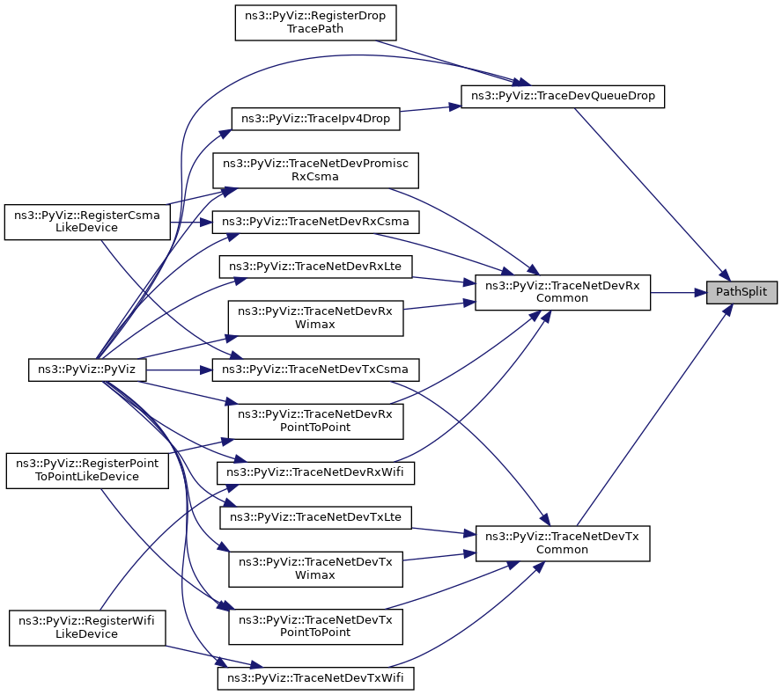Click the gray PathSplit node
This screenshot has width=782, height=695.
coord(741,292)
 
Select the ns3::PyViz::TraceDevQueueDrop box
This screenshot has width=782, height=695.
coord(563,96)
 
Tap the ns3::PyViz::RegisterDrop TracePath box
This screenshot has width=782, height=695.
coord(315,22)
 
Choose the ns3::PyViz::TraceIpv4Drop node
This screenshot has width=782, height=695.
coord(315,119)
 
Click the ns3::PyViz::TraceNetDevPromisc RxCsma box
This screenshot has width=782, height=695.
coord(315,171)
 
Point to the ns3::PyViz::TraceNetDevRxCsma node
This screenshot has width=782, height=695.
coord(315,222)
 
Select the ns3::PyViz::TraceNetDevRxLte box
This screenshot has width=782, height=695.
coord(315,267)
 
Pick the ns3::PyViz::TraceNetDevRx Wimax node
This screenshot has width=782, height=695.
coord(315,318)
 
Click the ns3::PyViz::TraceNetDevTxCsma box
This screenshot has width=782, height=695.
coord(315,369)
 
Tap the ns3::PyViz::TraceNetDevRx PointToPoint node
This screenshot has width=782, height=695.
coord(315,421)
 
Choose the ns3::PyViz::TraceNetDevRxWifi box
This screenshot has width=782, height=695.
coord(315,472)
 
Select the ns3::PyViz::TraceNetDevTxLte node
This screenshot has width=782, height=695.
coord(315,517)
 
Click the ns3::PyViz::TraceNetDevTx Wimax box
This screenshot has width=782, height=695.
coord(315,568)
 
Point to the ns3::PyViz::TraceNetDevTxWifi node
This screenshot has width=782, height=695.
coord(315,678)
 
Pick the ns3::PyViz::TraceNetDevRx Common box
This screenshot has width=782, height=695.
coord(563,292)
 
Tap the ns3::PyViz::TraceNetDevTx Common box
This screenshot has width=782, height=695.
coord(563,543)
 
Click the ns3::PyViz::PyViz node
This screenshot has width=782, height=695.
coord(87,369)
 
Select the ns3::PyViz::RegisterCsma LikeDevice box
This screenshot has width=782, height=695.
coord(87,222)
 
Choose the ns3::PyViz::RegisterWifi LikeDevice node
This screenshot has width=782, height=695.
coord(87,628)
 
